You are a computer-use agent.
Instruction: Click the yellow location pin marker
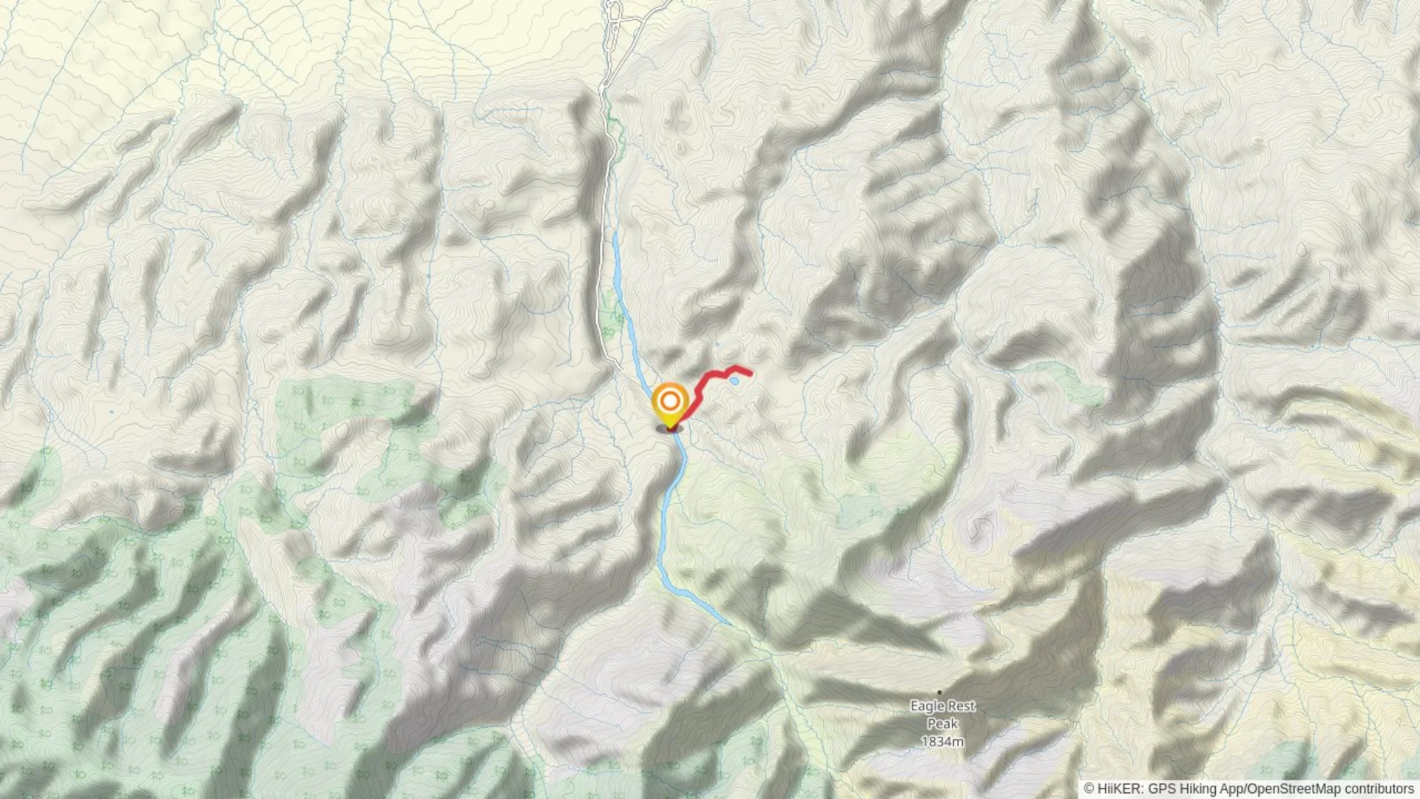669,406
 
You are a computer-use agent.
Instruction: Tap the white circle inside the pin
669,402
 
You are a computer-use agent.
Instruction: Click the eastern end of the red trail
751,373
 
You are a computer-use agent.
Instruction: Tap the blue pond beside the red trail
734,381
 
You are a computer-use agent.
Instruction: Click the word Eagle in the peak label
927,706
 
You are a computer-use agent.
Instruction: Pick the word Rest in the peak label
961,706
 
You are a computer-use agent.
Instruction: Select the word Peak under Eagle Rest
942,724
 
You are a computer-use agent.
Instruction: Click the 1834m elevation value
942,741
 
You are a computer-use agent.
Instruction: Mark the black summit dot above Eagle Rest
939,692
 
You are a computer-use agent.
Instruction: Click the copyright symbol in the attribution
1089,789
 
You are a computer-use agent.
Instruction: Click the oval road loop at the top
612,10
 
